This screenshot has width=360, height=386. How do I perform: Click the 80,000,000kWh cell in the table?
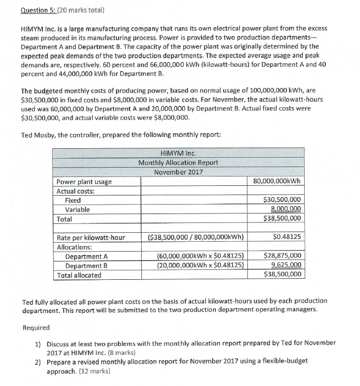(277, 181)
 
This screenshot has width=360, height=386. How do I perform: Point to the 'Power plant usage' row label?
(84, 181)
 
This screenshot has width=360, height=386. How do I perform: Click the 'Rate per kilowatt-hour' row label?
(91, 237)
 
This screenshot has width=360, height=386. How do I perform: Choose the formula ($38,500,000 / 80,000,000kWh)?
(196, 237)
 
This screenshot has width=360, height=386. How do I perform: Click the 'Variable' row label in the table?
(78, 210)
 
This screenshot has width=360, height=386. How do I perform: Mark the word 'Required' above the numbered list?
(36, 328)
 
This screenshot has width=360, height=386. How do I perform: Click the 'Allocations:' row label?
(75, 247)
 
